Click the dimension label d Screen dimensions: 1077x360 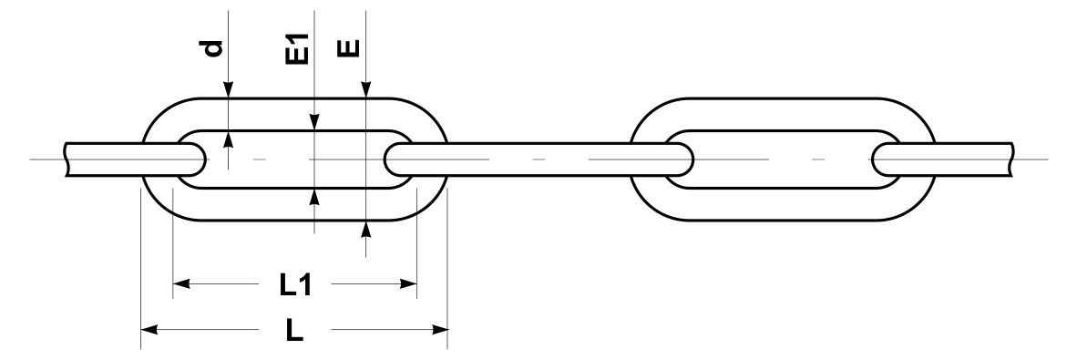pyautogui.click(x=215, y=49)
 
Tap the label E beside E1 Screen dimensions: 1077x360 pyautogui.click(x=350, y=49)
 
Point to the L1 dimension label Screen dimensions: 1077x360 pyautogui.click(x=295, y=283)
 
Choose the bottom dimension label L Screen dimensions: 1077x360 pyautogui.click(x=294, y=331)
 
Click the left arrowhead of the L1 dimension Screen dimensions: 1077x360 pyautogui.click(x=180, y=283)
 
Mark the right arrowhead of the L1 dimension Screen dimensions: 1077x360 pyautogui.click(x=409, y=283)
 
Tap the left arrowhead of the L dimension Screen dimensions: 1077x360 pyautogui.click(x=149, y=331)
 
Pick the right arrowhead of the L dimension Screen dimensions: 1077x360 pyautogui.click(x=440, y=331)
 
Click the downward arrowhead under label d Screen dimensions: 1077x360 pyautogui.click(x=228, y=90)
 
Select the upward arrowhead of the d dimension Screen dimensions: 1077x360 pyautogui.click(x=228, y=139)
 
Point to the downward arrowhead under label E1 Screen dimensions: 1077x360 pyautogui.click(x=313, y=121)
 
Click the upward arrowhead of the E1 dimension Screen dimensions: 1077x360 pyautogui.click(x=313, y=197)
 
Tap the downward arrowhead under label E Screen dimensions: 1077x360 pyautogui.click(x=366, y=90)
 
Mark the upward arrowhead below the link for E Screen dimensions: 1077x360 pyautogui.click(x=366, y=230)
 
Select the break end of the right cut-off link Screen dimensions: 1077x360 pyautogui.click(x=1011, y=159)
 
